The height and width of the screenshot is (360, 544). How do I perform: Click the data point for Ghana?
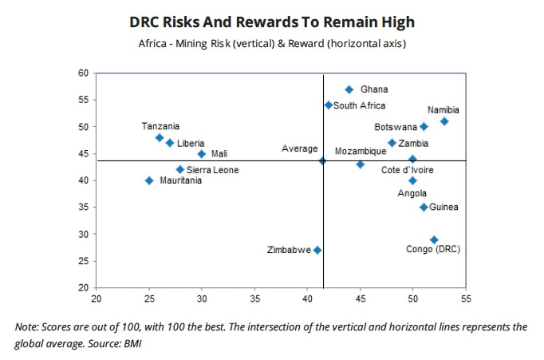[x=349, y=89]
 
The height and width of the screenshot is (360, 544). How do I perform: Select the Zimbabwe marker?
[x=317, y=250]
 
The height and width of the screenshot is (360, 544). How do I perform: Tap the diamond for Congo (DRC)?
[x=434, y=239]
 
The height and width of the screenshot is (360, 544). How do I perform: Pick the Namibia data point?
[x=444, y=121]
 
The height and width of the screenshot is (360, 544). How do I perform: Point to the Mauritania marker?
[x=149, y=180]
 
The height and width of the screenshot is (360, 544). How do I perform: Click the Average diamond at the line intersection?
[x=322, y=160]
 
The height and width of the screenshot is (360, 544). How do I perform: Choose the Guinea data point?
[x=424, y=208]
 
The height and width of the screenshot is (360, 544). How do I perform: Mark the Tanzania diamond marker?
[x=160, y=137]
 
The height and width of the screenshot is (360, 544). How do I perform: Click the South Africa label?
[x=360, y=105]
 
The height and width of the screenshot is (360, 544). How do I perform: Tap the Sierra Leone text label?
[x=213, y=170]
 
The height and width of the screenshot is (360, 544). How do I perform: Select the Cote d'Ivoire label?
[x=409, y=170]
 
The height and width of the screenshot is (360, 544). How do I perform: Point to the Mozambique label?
[x=361, y=151]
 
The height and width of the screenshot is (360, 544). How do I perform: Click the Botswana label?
[x=396, y=127]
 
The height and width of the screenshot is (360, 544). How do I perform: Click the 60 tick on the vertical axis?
[x=82, y=73]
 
